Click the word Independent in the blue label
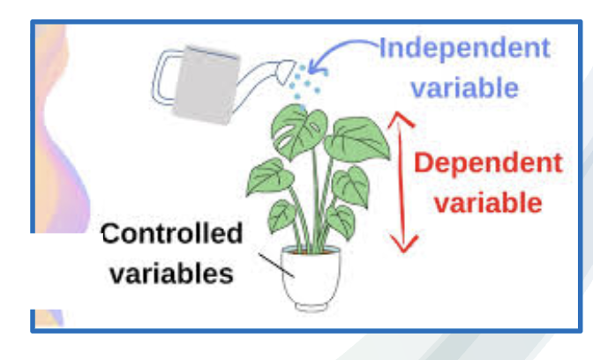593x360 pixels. tap(463, 48)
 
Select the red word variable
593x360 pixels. tap(487, 202)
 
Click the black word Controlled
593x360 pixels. tap(171, 234)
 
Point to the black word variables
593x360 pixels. tap(171, 272)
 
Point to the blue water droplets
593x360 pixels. tap(307, 83)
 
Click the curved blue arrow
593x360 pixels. tap(340, 55)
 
